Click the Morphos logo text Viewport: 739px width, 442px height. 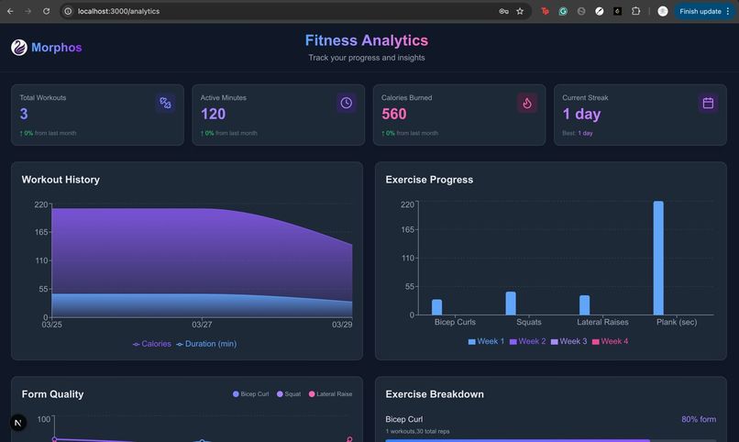[56, 48]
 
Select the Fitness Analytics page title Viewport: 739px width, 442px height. [366, 40]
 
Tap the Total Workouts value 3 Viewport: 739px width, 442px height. [24, 114]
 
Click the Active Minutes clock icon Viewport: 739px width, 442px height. [346, 103]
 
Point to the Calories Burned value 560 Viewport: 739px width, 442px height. [393, 114]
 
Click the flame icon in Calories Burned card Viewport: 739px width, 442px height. [526, 103]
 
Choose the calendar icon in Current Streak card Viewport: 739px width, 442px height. [708, 103]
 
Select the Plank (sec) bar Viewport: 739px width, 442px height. [658, 258]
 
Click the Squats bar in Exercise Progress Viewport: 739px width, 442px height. [511, 304]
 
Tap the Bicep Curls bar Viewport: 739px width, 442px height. [437, 307]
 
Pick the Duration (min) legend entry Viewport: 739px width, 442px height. [206, 344]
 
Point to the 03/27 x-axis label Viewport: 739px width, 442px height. [202, 325]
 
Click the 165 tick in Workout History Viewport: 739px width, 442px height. [40, 233]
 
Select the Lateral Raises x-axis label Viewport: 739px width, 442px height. [602, 322]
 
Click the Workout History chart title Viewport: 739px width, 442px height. [61, 180]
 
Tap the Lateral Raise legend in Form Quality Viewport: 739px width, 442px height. [331, 394]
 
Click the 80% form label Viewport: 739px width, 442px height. [699, 419]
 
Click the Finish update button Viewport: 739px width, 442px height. [700, 11]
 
